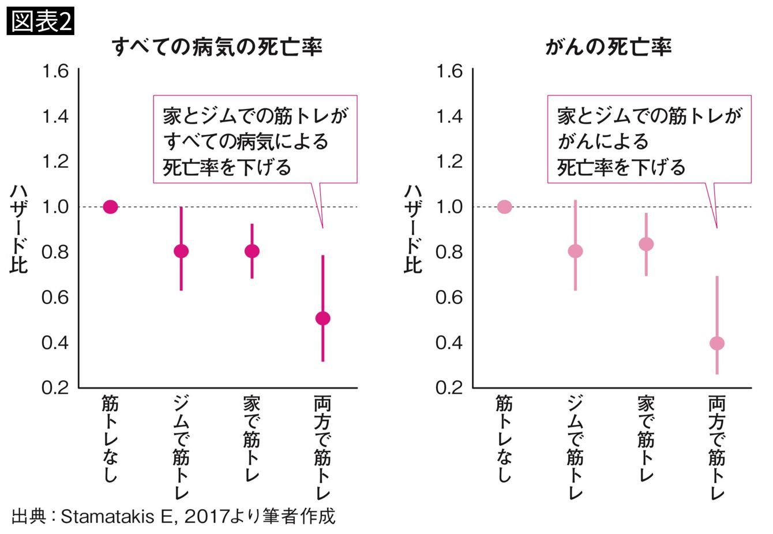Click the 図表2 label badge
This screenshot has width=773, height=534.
[40, 22]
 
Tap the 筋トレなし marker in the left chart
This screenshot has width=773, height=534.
[110, 206]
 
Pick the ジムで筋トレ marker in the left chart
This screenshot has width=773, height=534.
[181, 251]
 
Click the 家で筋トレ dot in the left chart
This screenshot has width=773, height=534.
[252, 251]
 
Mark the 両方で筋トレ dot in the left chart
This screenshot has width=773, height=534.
[323, 318]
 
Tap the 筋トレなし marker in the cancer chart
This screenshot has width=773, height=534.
[504, 206]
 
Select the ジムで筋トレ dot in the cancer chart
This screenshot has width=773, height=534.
[575, 251]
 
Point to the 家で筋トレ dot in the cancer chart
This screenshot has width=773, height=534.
[646, 244]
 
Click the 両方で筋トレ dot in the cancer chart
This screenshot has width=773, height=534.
[717, 343]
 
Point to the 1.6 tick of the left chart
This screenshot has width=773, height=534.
[55, 71]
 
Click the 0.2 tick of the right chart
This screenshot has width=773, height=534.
[449, 387]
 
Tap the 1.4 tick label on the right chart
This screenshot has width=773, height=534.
[449, 116]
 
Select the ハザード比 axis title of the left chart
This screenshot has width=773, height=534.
[18, 229]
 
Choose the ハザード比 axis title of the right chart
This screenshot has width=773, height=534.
[413, 229]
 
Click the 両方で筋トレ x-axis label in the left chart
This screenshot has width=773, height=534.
[323, 447]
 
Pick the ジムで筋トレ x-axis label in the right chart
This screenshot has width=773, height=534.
[575, 447]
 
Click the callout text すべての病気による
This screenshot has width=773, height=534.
[246, 141]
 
